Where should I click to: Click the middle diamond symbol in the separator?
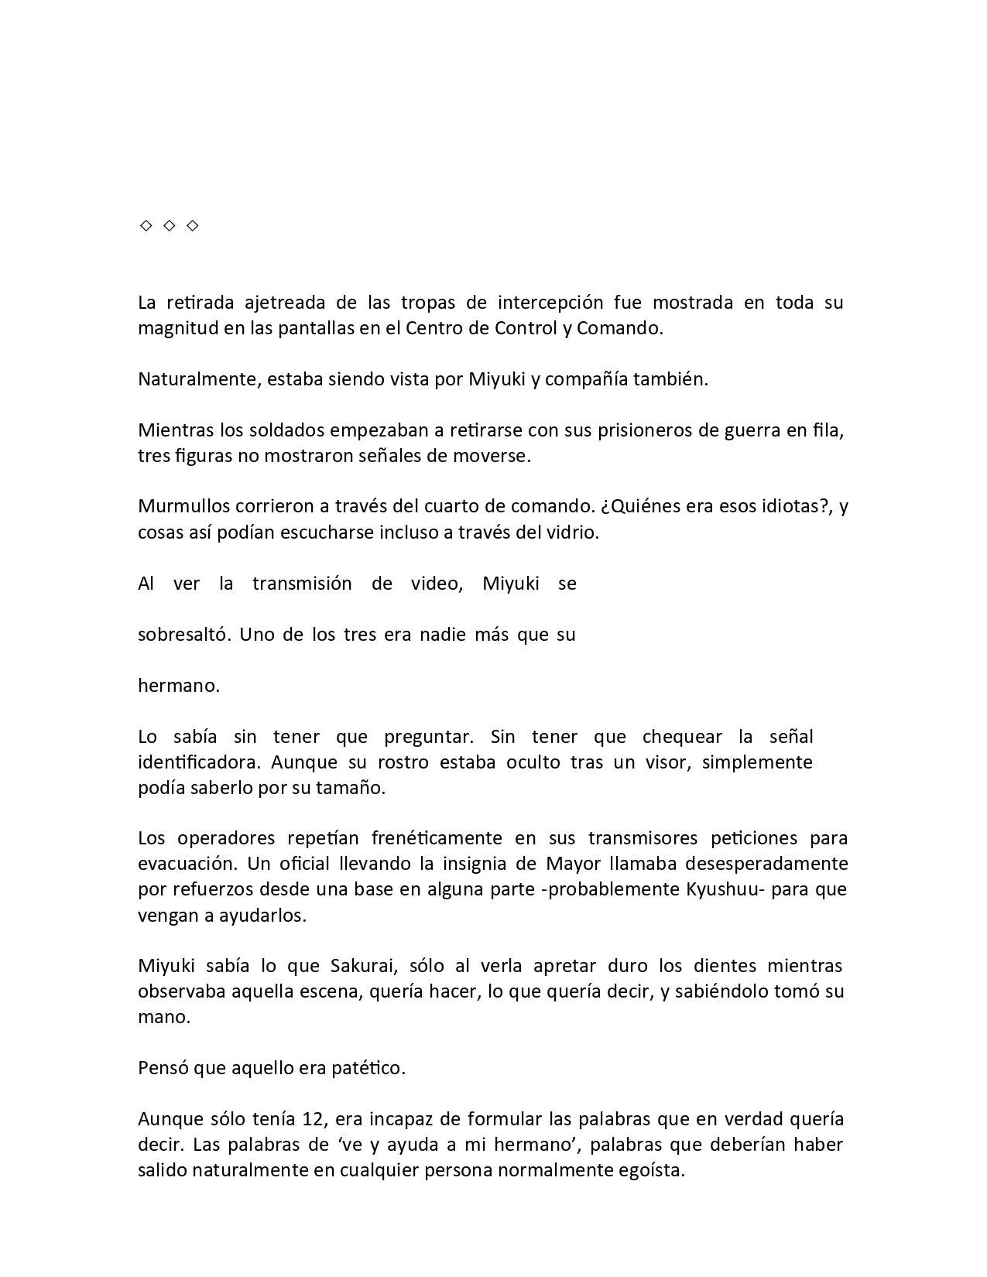[x=169, y=225]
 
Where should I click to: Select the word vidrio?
[x=574, y=532]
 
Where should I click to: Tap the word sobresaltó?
[x=183, y=635]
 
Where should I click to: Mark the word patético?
[x=368, y=1068]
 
